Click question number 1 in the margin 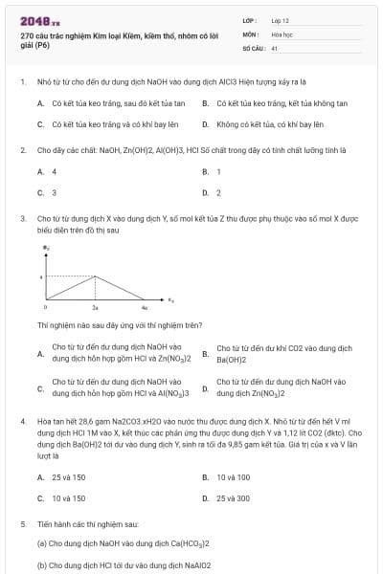pos(22,83)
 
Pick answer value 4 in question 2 pos(54,172)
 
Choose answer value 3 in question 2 pos(54,192)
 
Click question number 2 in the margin pos(22,151)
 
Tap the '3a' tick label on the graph pos(95,309)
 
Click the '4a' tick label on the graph pos(145,309)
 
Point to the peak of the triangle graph pos(95,277)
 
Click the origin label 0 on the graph pos(46,309)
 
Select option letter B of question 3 pos(205,353)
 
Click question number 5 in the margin pos(22,525)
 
